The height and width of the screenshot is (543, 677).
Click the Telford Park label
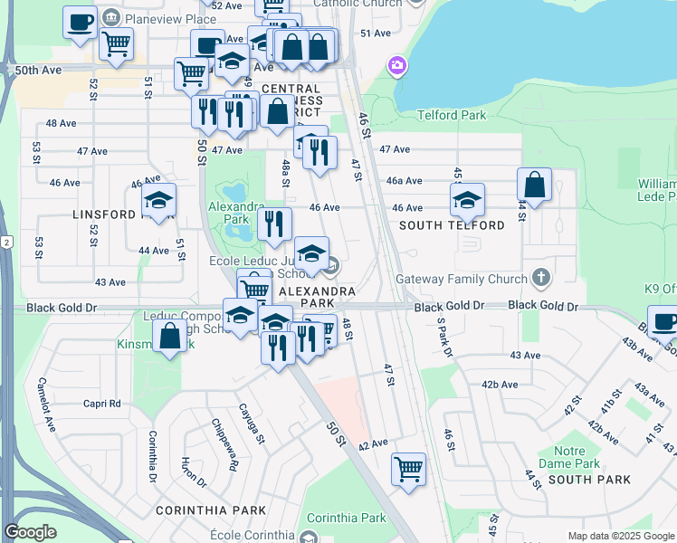click(x=452, y=115)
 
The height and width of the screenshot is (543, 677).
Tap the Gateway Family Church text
click(x=461, y=280)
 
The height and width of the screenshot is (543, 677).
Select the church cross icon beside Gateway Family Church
click(x=541, y=276)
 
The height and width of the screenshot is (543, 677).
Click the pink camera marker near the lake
click(x=396, y=65)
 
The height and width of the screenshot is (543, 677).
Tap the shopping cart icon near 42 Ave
click(x=408, y=469)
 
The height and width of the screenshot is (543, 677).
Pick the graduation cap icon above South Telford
click(x=467, y=200)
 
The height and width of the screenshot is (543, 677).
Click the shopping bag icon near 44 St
click(x=535, y=185)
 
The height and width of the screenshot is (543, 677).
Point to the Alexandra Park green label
click(x=228, y=213)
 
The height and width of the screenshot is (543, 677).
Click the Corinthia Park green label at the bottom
click(x=347, y=519)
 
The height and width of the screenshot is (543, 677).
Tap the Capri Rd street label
click(x=101, y=404)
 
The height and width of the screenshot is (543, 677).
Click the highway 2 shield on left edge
click(x=6, y=242)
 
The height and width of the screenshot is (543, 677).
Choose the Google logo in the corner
click(x=31, y=532)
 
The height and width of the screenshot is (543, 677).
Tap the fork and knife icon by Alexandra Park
click(x=274, y=223)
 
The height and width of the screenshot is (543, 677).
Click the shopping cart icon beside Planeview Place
click(x=117, y=43)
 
